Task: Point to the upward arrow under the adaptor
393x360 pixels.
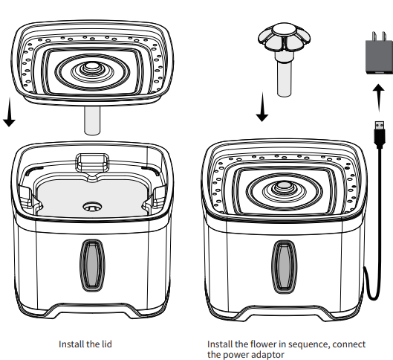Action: point(378,98)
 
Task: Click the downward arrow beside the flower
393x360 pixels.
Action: point(261,104)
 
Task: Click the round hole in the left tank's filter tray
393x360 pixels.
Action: point(93,206)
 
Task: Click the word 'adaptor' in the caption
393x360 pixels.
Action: point(268,355)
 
